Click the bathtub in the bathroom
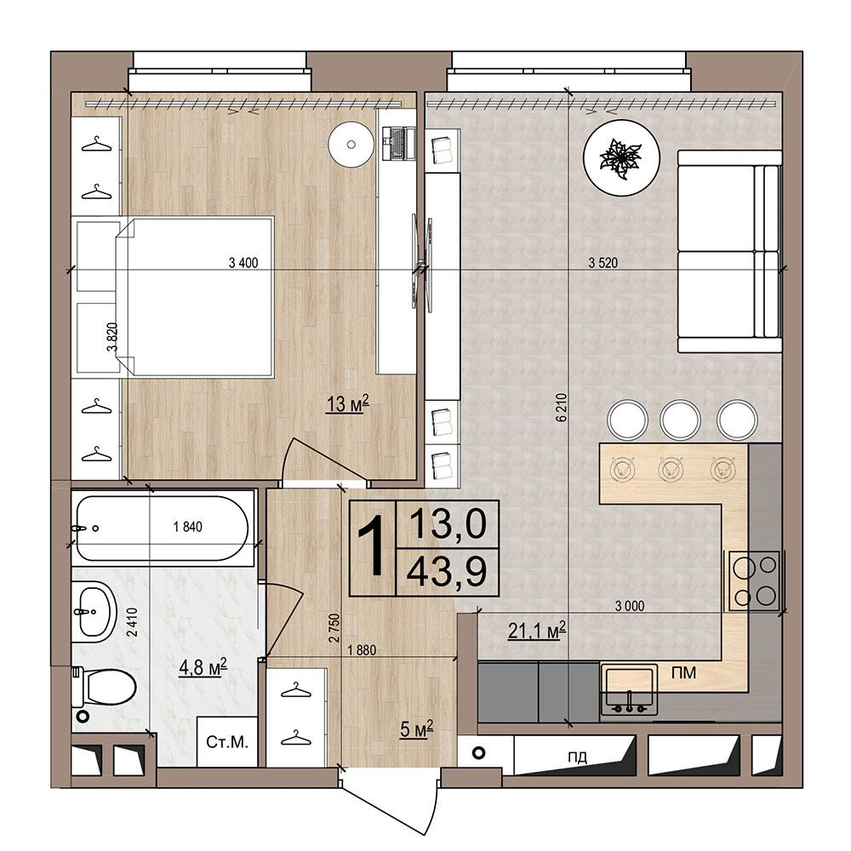coord(163,528)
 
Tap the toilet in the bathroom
coord(104,686)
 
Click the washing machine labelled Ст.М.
coord(227,741)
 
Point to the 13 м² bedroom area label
coord(347,403)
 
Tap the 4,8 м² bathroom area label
coord(203,667)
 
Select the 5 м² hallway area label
coord(416,729)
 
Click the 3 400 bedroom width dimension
coord(243,263)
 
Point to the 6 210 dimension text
coord(561,407)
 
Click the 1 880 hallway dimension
coord(362,649)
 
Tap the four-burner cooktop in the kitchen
coord(754,580)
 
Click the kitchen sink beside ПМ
coord(629,688)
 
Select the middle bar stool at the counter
coord(680,420)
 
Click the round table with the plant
coord(621,157)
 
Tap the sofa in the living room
coord(729,251)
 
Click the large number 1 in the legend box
coord(373,547)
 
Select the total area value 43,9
coord(448,572)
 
